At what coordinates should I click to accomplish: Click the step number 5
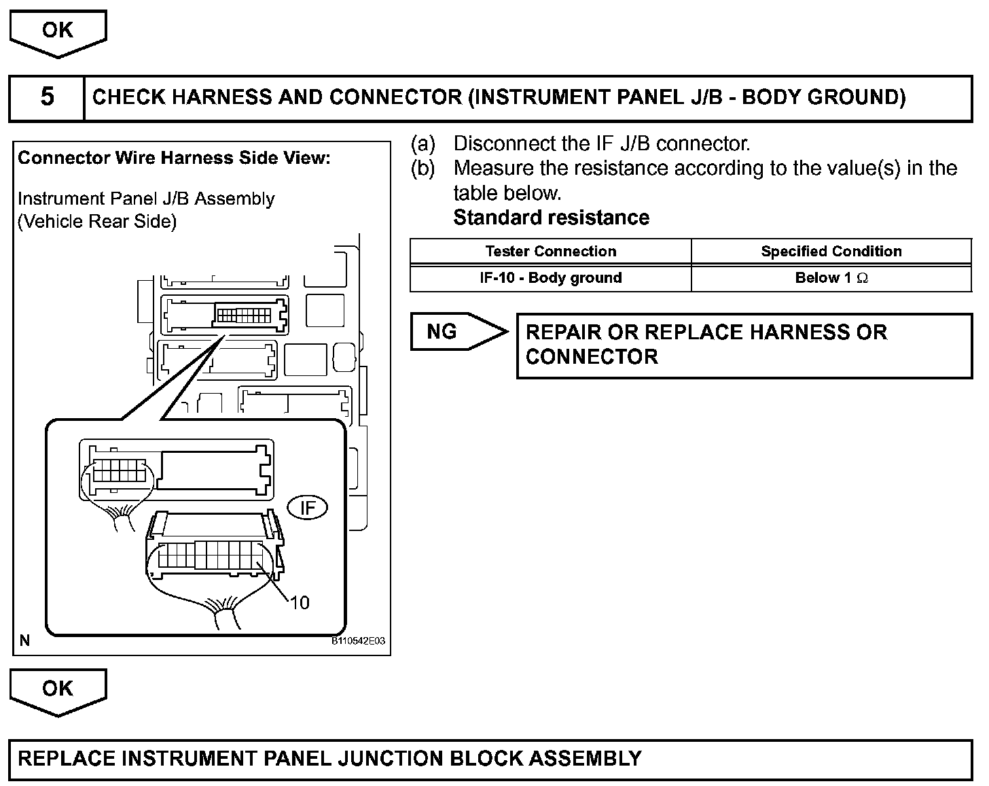coord(47,97)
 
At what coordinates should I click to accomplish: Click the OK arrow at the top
coord(58,31)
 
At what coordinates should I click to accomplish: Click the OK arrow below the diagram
coord(58,689)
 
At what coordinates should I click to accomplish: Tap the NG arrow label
coord(443,332)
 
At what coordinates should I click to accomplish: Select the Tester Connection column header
coord(551,252)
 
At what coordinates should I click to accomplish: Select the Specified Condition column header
coord(831,252)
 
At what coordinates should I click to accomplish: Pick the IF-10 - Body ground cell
coord(551,278)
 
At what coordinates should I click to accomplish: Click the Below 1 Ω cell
coord(831,278)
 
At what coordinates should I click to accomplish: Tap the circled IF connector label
coord(308,508)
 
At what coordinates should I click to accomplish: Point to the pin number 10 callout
coord(300,602)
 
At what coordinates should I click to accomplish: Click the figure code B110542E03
coord(358,641)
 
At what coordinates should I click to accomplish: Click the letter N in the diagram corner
coord(25,640)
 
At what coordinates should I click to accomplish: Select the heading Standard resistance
coord(551,218)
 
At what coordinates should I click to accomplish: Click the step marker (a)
coord(422,143)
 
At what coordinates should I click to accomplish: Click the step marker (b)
coord(422,168)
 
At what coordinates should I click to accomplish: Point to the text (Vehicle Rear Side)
coord(97,222)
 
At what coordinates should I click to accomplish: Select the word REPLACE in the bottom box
coord(65,759)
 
